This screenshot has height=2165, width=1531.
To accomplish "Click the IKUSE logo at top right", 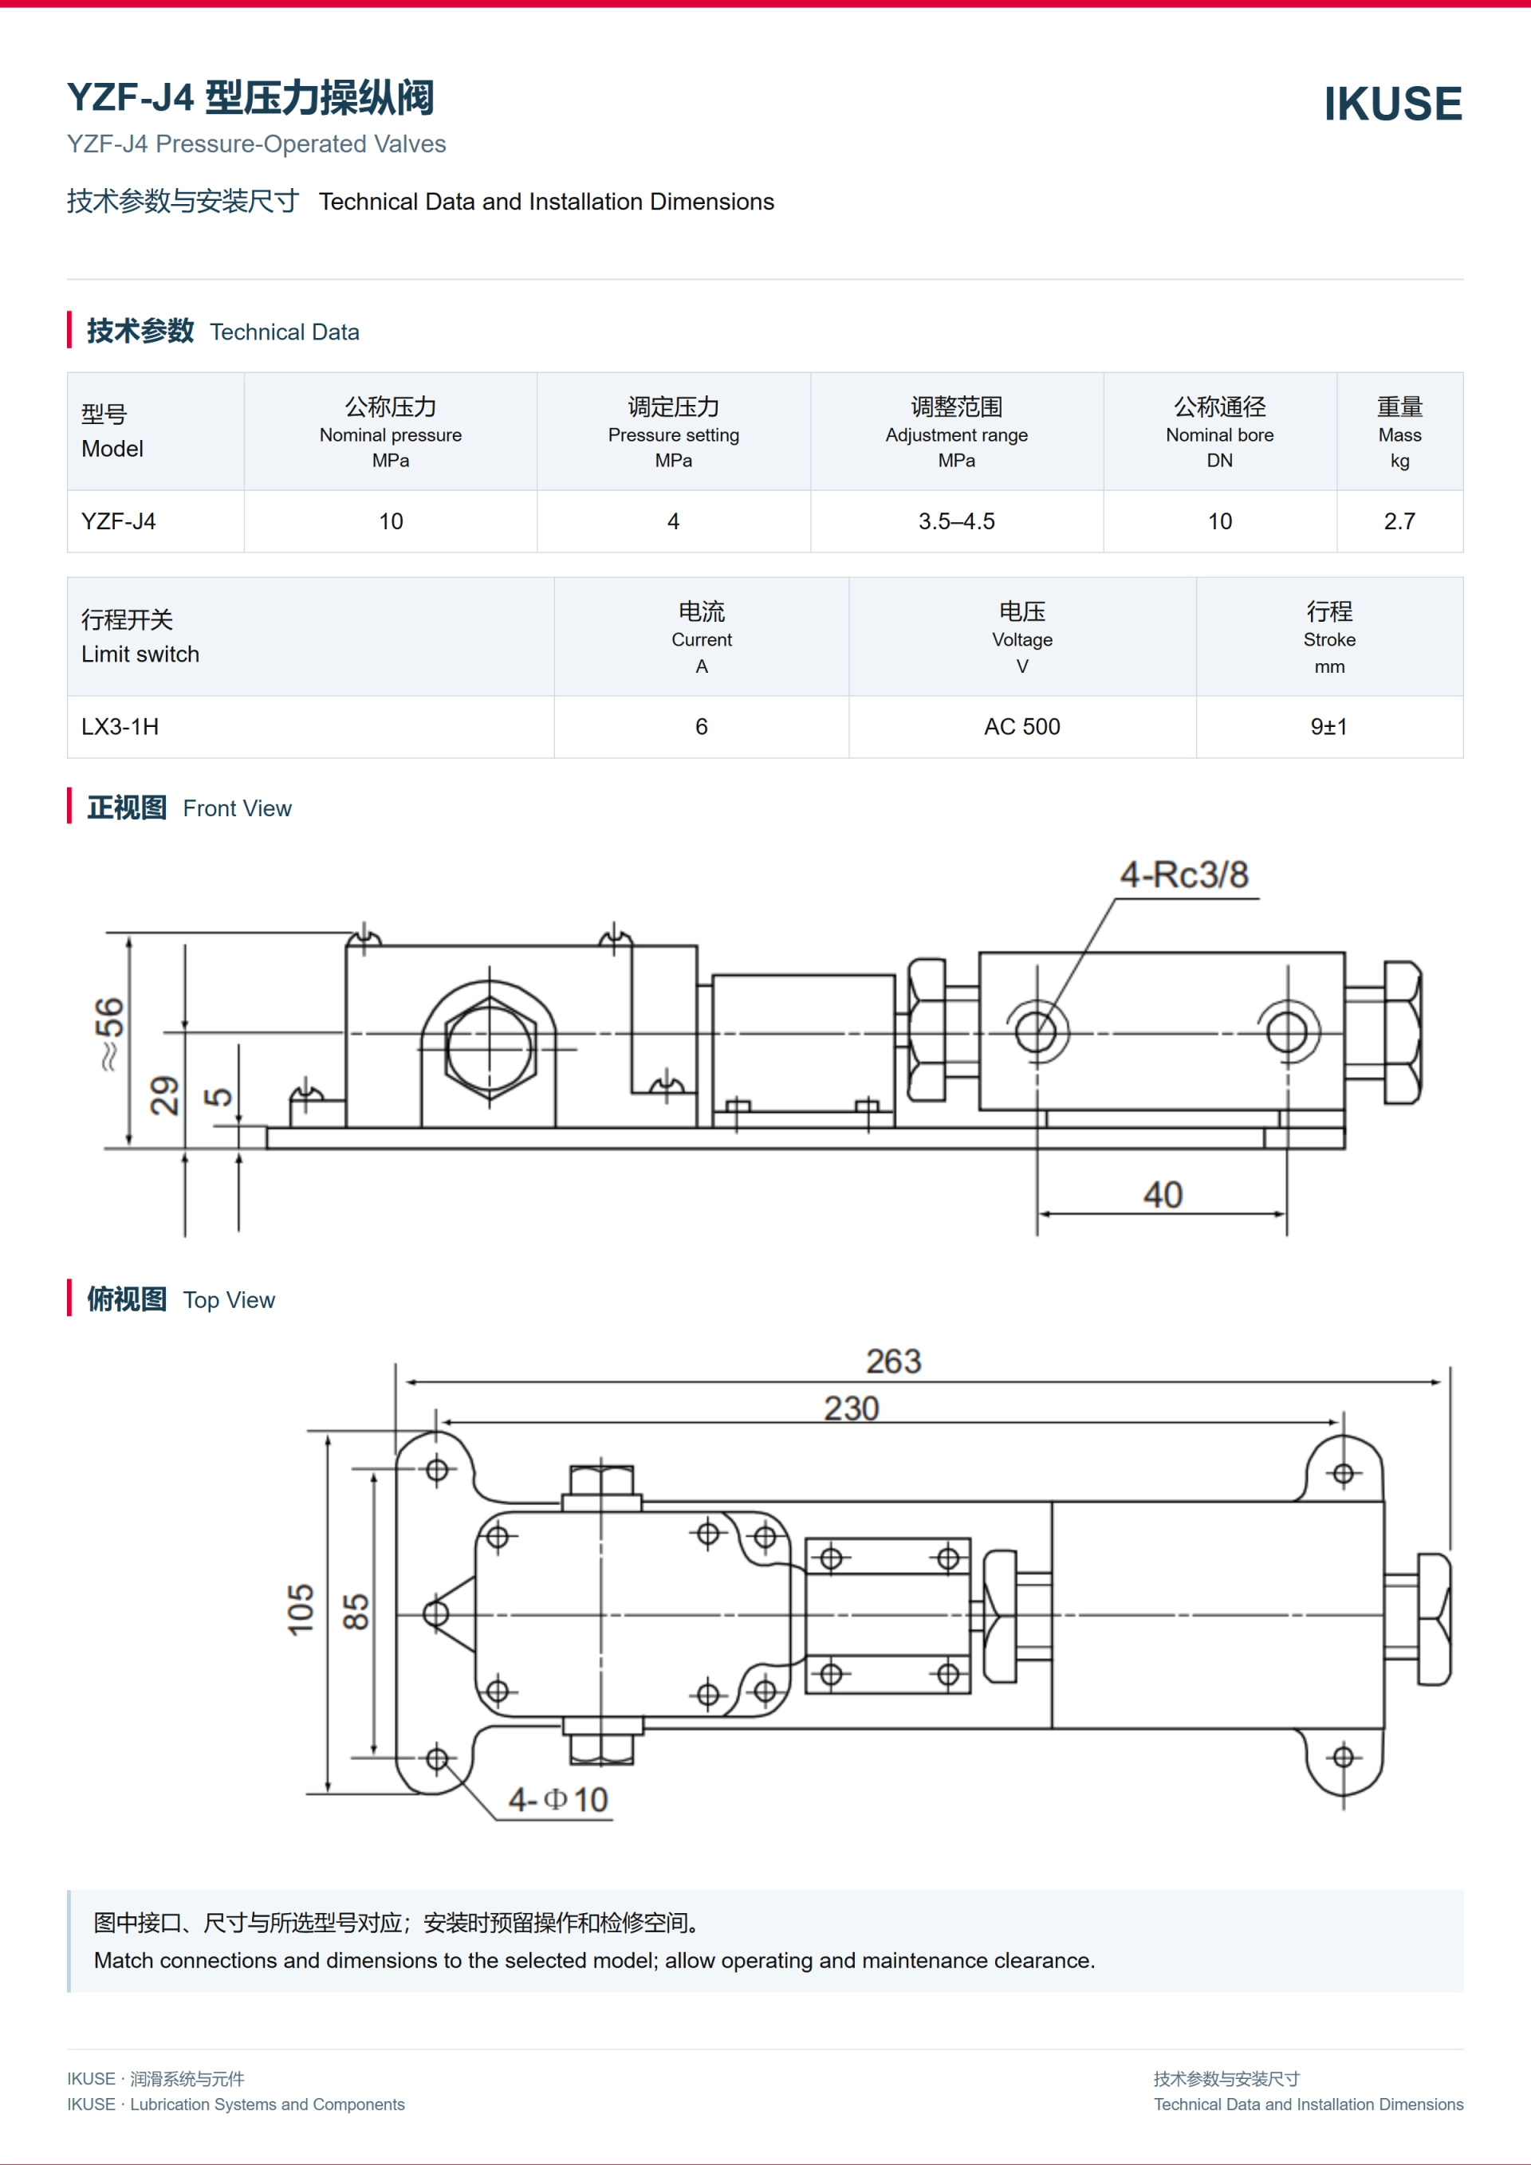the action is point(1392,104).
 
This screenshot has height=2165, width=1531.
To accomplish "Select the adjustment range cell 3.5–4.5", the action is point(957,521).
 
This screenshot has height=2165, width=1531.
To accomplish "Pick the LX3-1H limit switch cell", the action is point(120,727).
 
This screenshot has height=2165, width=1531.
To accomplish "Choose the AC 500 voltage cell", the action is point(1021,727).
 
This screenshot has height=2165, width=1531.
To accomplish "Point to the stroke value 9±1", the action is point(1329,727).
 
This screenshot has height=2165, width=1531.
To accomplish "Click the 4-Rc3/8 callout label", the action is point(1184,875).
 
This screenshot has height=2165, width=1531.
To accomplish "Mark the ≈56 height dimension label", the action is point(109,1033).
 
